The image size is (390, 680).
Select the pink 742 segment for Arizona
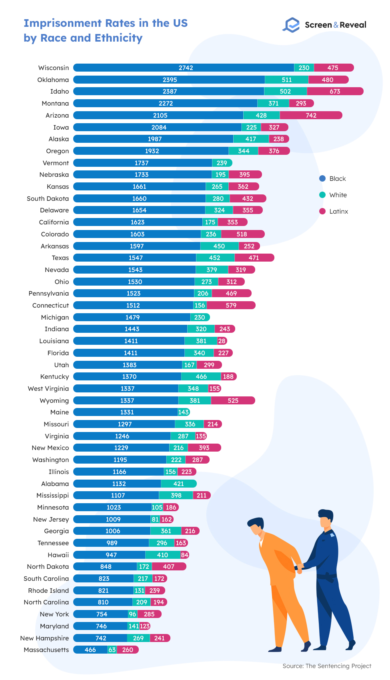point(311,115)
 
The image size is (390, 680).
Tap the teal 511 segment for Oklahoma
point(286,80)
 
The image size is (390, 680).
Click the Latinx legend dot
point(322,211)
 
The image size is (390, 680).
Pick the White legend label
point(338,195)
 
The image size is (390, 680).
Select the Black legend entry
point(337,178)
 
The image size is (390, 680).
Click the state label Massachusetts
point(46,650)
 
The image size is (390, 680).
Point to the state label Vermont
point(56,163)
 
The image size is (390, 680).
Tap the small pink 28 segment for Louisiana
point(222,341)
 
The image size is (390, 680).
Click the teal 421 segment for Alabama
point(178,484)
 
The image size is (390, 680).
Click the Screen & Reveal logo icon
point(291,25)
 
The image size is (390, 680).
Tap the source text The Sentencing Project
point(338,666)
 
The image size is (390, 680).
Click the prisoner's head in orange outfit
point(256,527)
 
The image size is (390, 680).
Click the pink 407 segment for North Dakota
point(169,566)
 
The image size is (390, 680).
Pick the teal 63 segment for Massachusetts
point(112,650)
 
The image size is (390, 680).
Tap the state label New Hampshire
point(44,638)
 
